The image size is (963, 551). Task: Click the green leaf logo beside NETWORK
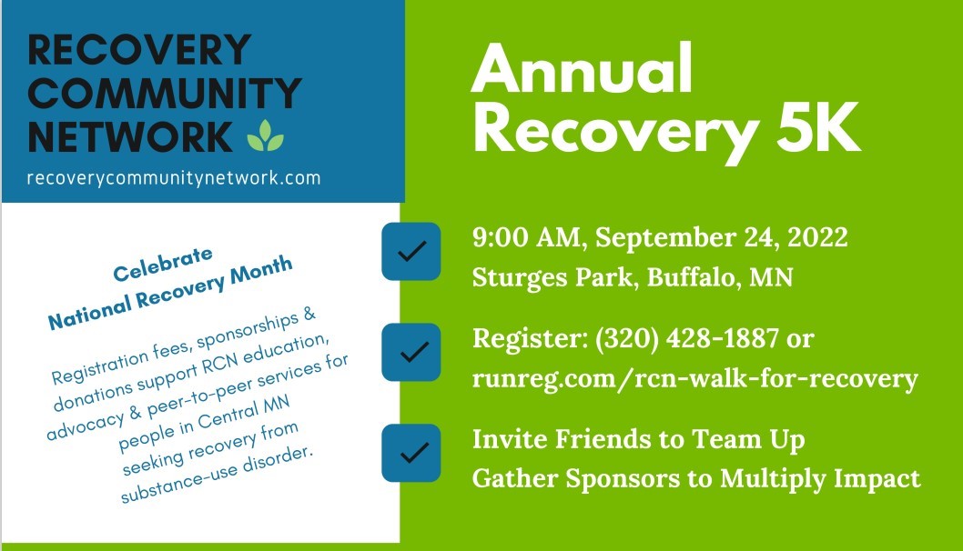pos(265,135)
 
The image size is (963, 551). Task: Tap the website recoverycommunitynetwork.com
pos(174,178)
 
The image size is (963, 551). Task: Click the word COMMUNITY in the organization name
pos(165,93)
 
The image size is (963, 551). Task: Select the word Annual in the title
pos(581,72)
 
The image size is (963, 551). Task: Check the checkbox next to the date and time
pos(411,250)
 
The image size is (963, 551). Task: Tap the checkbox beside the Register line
pos(411,352)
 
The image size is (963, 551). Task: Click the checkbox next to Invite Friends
pos(411,453)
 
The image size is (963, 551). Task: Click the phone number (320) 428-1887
pos(687,339)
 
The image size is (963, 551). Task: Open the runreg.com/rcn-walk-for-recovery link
pos(694,377)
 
